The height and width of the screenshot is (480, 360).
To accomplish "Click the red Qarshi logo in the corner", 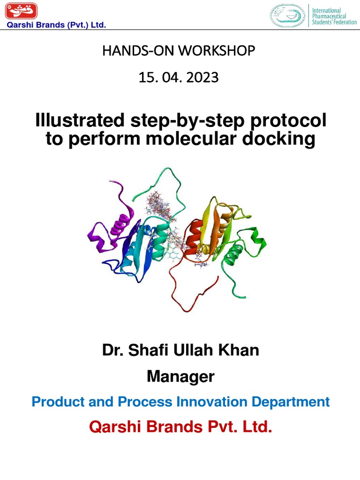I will tap(20, 11).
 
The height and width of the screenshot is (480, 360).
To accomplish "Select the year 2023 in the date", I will tap(202, 77).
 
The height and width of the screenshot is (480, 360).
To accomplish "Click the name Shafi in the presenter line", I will tap(157, 350).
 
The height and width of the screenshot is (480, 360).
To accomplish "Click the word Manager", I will tap(180, 376).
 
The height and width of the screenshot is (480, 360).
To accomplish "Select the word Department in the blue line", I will tap(296, 402).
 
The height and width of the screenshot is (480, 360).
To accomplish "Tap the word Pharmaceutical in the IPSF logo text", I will tap(330, 16).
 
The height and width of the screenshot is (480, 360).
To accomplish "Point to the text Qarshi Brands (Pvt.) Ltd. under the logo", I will tap(55, 25).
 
